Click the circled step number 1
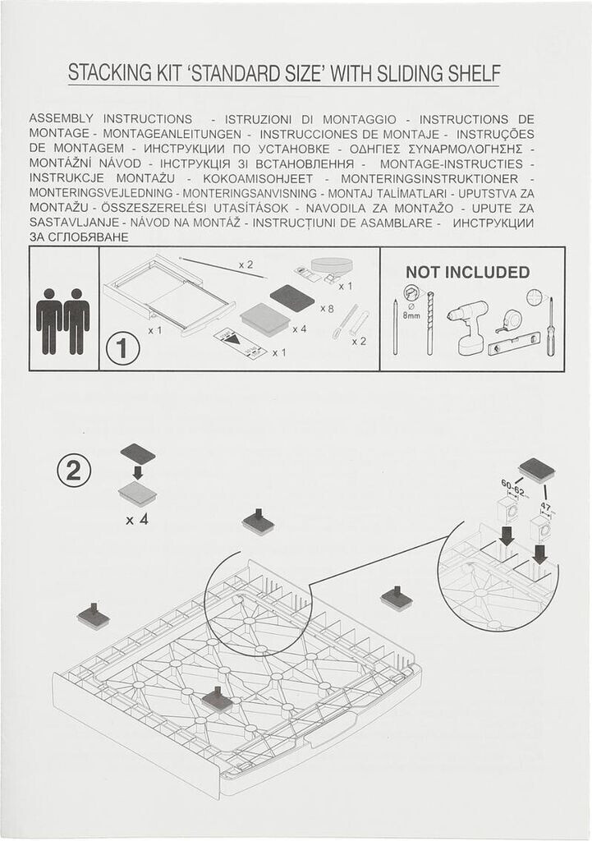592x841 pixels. pyautogui.click(x=123, y=348)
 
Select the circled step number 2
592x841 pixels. pyautogui.click(x=73, y=471)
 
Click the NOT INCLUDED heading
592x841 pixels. pyautogui.click(x=467, y=272)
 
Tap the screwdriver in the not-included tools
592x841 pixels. pyautogui.click(x=549, y=327)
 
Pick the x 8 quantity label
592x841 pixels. pyautogui.click(x=327, y=309)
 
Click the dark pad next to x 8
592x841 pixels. pyautogui.click(x=292, y=297)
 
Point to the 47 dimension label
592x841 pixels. pyautogui.click(x=546, y=506)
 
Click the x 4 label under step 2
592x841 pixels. pyautogui.click(x=137, y=519)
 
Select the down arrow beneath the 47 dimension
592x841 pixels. pyautogui.click(x=540, y=554)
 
